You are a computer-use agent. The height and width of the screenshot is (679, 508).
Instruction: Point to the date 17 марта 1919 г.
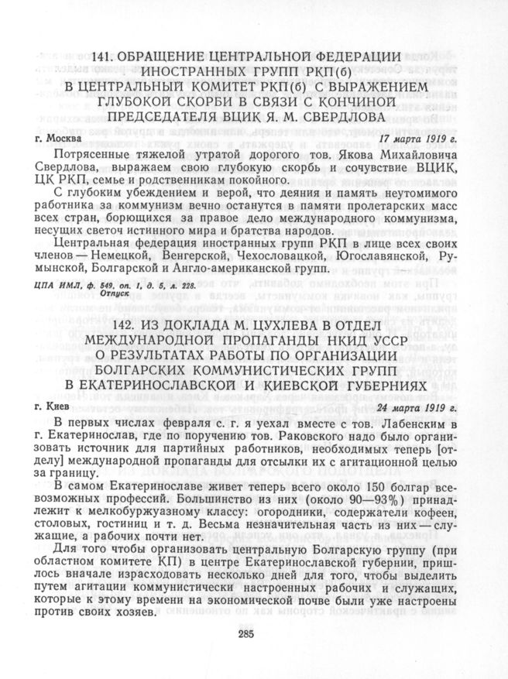[x=420, y=139]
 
